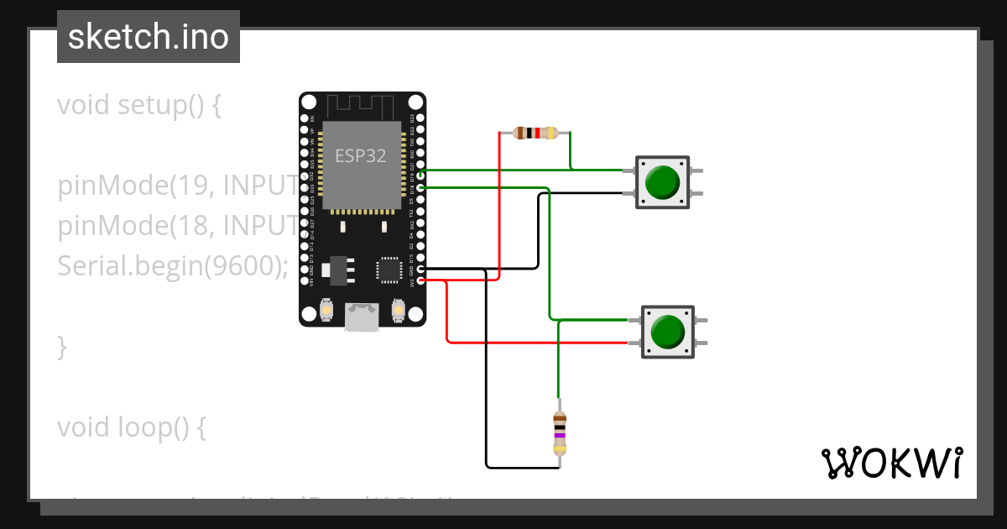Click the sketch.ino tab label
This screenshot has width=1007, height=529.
149,37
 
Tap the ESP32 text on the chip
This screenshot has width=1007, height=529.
361,155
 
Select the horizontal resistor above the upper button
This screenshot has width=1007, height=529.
535,133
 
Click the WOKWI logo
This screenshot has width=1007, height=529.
891,463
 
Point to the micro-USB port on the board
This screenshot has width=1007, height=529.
362,317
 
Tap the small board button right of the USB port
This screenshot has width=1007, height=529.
398,312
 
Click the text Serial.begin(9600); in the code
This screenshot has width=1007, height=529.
172,266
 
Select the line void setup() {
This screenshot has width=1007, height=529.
138,106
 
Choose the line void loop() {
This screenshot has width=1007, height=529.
131,427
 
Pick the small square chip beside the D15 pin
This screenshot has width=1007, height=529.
389,270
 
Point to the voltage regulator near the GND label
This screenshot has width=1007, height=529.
338,268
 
